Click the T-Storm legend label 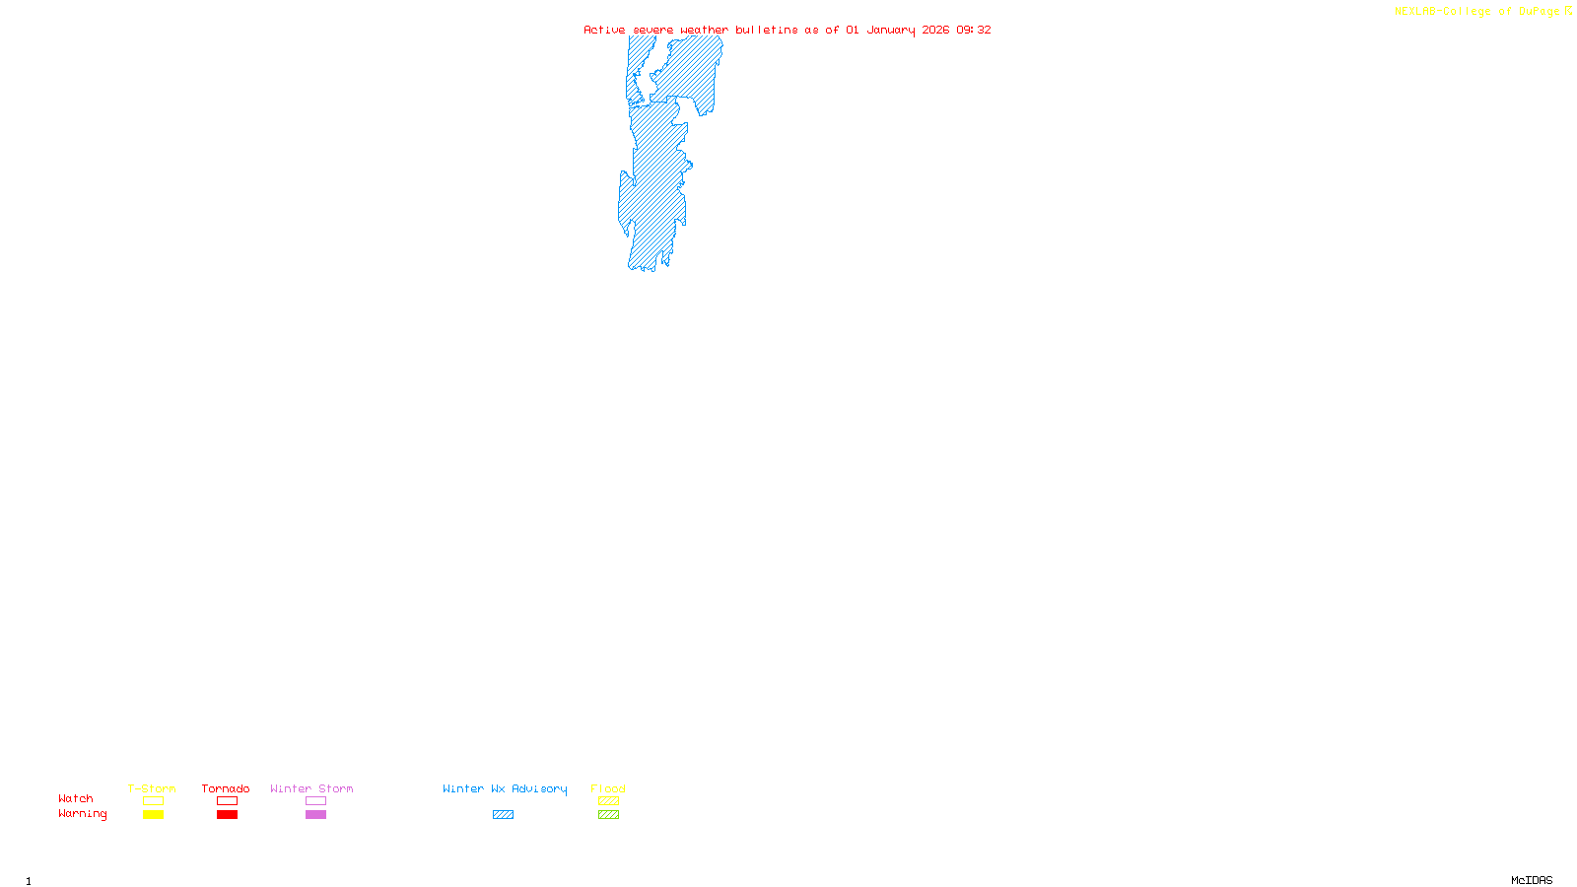152,788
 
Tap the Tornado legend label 226,788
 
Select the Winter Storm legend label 311,788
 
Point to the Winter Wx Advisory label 505,788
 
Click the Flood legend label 608,788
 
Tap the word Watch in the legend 76,798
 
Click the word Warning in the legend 83,814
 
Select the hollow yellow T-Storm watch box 153,801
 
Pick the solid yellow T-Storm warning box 153,815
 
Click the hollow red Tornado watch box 227,801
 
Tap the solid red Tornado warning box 227,815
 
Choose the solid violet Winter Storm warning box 315,815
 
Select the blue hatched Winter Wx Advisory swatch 503,815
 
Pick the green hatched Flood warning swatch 608,815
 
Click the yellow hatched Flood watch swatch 608,801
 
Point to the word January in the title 891,31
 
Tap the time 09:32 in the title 974,31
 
